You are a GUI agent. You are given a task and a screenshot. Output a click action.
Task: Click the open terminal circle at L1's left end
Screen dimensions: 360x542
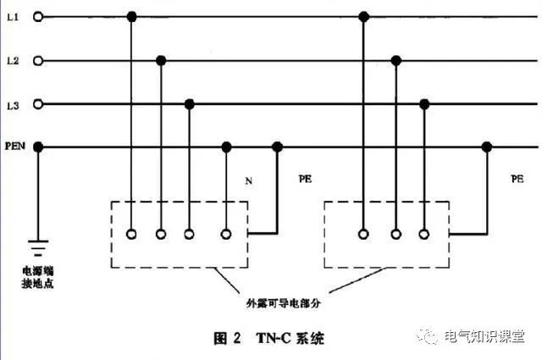37,16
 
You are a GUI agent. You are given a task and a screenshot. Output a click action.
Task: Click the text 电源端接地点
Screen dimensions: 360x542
37,277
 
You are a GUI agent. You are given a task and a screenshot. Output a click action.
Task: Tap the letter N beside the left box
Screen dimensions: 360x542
248,180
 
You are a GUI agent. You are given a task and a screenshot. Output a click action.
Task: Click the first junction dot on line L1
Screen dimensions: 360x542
131,16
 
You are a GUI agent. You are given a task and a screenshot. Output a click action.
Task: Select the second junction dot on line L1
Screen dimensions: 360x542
364,16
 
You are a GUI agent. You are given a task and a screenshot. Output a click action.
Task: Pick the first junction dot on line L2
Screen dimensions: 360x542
160,60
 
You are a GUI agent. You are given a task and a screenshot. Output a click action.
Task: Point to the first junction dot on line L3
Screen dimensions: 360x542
190,104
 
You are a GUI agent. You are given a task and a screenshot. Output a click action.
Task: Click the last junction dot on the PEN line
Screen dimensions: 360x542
486,147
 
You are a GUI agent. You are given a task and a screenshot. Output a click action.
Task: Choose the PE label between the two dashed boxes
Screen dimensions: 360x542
306,180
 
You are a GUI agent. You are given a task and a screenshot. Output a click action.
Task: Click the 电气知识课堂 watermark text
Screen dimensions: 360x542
484,335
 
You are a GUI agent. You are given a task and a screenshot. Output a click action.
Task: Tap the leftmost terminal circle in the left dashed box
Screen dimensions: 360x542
131,234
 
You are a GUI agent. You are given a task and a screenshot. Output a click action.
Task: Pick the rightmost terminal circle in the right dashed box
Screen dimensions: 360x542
423,234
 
